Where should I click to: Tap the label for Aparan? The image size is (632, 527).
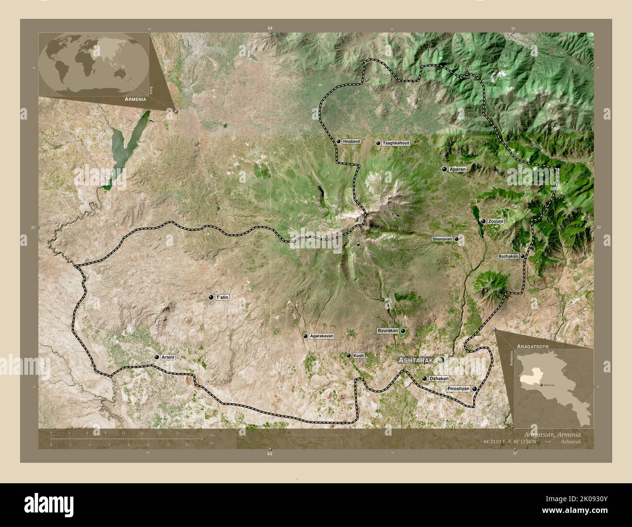[457, 169]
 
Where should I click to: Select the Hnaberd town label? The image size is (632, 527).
[351, 141]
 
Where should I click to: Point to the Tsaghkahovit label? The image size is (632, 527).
[396, 143]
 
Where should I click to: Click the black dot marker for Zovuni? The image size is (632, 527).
[483, 221]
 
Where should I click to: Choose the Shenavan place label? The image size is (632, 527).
[442, 239]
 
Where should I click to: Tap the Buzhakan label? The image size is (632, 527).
[508, 256]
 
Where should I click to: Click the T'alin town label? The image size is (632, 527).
[222, 297]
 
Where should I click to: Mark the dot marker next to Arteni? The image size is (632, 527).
[157, 357]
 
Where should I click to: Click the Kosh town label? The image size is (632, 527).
[358, 356]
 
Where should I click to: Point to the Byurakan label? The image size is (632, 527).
[387, 331]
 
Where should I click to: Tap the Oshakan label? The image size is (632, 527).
[439, 378]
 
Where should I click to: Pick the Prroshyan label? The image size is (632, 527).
[458, 389]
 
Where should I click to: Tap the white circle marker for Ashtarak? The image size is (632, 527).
[440, 360]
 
